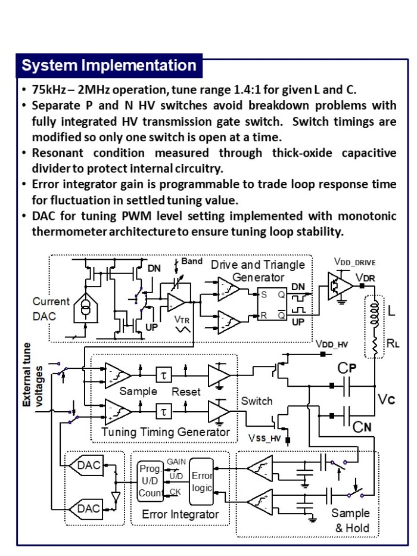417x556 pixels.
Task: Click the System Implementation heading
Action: pyautogui.click(x=109, y=66)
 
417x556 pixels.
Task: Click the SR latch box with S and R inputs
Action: pyautogui.click(x=272, y=305)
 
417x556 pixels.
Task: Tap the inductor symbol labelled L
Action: pyautogui.click(x=375, y=313)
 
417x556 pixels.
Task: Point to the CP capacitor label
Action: pyautogui.click(x=347, y=368)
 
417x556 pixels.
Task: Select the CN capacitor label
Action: pyautogui.click(x=362, y=427)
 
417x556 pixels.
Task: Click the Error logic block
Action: pyautogui.click(x=201, y=482)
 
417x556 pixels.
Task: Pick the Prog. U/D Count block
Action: pyautogui.click(x=150, y=481)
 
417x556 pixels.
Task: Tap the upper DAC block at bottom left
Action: pyautogui.click(x=86, y=465)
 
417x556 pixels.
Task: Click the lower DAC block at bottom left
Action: pyautogui.click(x=86, y=509)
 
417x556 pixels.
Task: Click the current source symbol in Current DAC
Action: pyautogui.click(x=85, y=307)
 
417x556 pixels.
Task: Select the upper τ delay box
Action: pyautogui.click(x=164, y=375)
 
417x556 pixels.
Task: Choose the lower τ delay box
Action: pyautogui.click(x=164, y=412)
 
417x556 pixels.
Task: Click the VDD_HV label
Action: pyautogui.click(x=332, y=344)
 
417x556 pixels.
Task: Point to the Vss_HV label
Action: pyautogui.click(x=264, y=438)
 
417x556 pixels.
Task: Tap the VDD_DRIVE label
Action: pyautogui.click(x=354, y=262)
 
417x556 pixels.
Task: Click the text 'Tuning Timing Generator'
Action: pyautogui.click(x=166, y=432)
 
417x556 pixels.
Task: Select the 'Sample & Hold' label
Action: pyautogui.click(x=351, y=520)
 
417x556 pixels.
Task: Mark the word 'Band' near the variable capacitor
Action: pyautogui.click(x=192, y=261)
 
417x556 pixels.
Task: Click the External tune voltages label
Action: pyautogui.click(x=32, y=375)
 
